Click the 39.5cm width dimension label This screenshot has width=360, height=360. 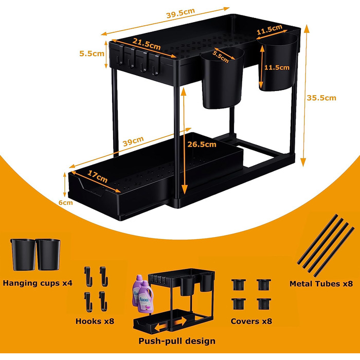(x=181, y=13)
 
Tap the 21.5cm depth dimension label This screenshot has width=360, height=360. (x=147, y=44)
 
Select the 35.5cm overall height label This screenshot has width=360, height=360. (x=321, y=98)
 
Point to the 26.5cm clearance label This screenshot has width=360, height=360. (x=202, y=145)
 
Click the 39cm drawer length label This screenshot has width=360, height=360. (x=133, y=141)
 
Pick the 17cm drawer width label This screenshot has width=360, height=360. (x=97, y=176)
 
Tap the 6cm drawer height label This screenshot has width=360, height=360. (x=66, y=203)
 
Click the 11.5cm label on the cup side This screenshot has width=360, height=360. (x=277, y=67)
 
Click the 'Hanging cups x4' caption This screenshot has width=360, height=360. (x=38, y=283)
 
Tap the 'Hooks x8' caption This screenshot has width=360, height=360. (x=95, y=321)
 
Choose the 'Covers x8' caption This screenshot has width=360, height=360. (x=251, y=321)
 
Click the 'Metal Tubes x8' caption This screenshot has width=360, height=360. (x=321, y=284)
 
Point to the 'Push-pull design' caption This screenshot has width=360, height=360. (x=177, y=341)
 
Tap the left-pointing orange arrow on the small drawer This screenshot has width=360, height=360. (x=160, y=327)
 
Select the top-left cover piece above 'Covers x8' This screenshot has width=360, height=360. (x=239, y=285)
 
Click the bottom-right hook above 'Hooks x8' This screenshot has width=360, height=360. (x=103, y=301)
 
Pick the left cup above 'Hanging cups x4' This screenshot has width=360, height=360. (x=23, y=255)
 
